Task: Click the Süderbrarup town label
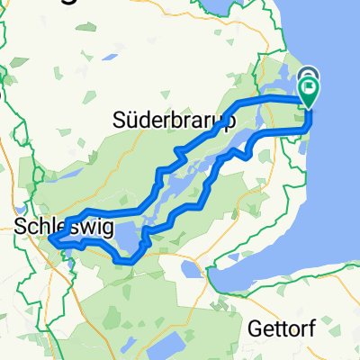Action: [175, 120]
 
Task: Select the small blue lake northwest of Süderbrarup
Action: [109, 57]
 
